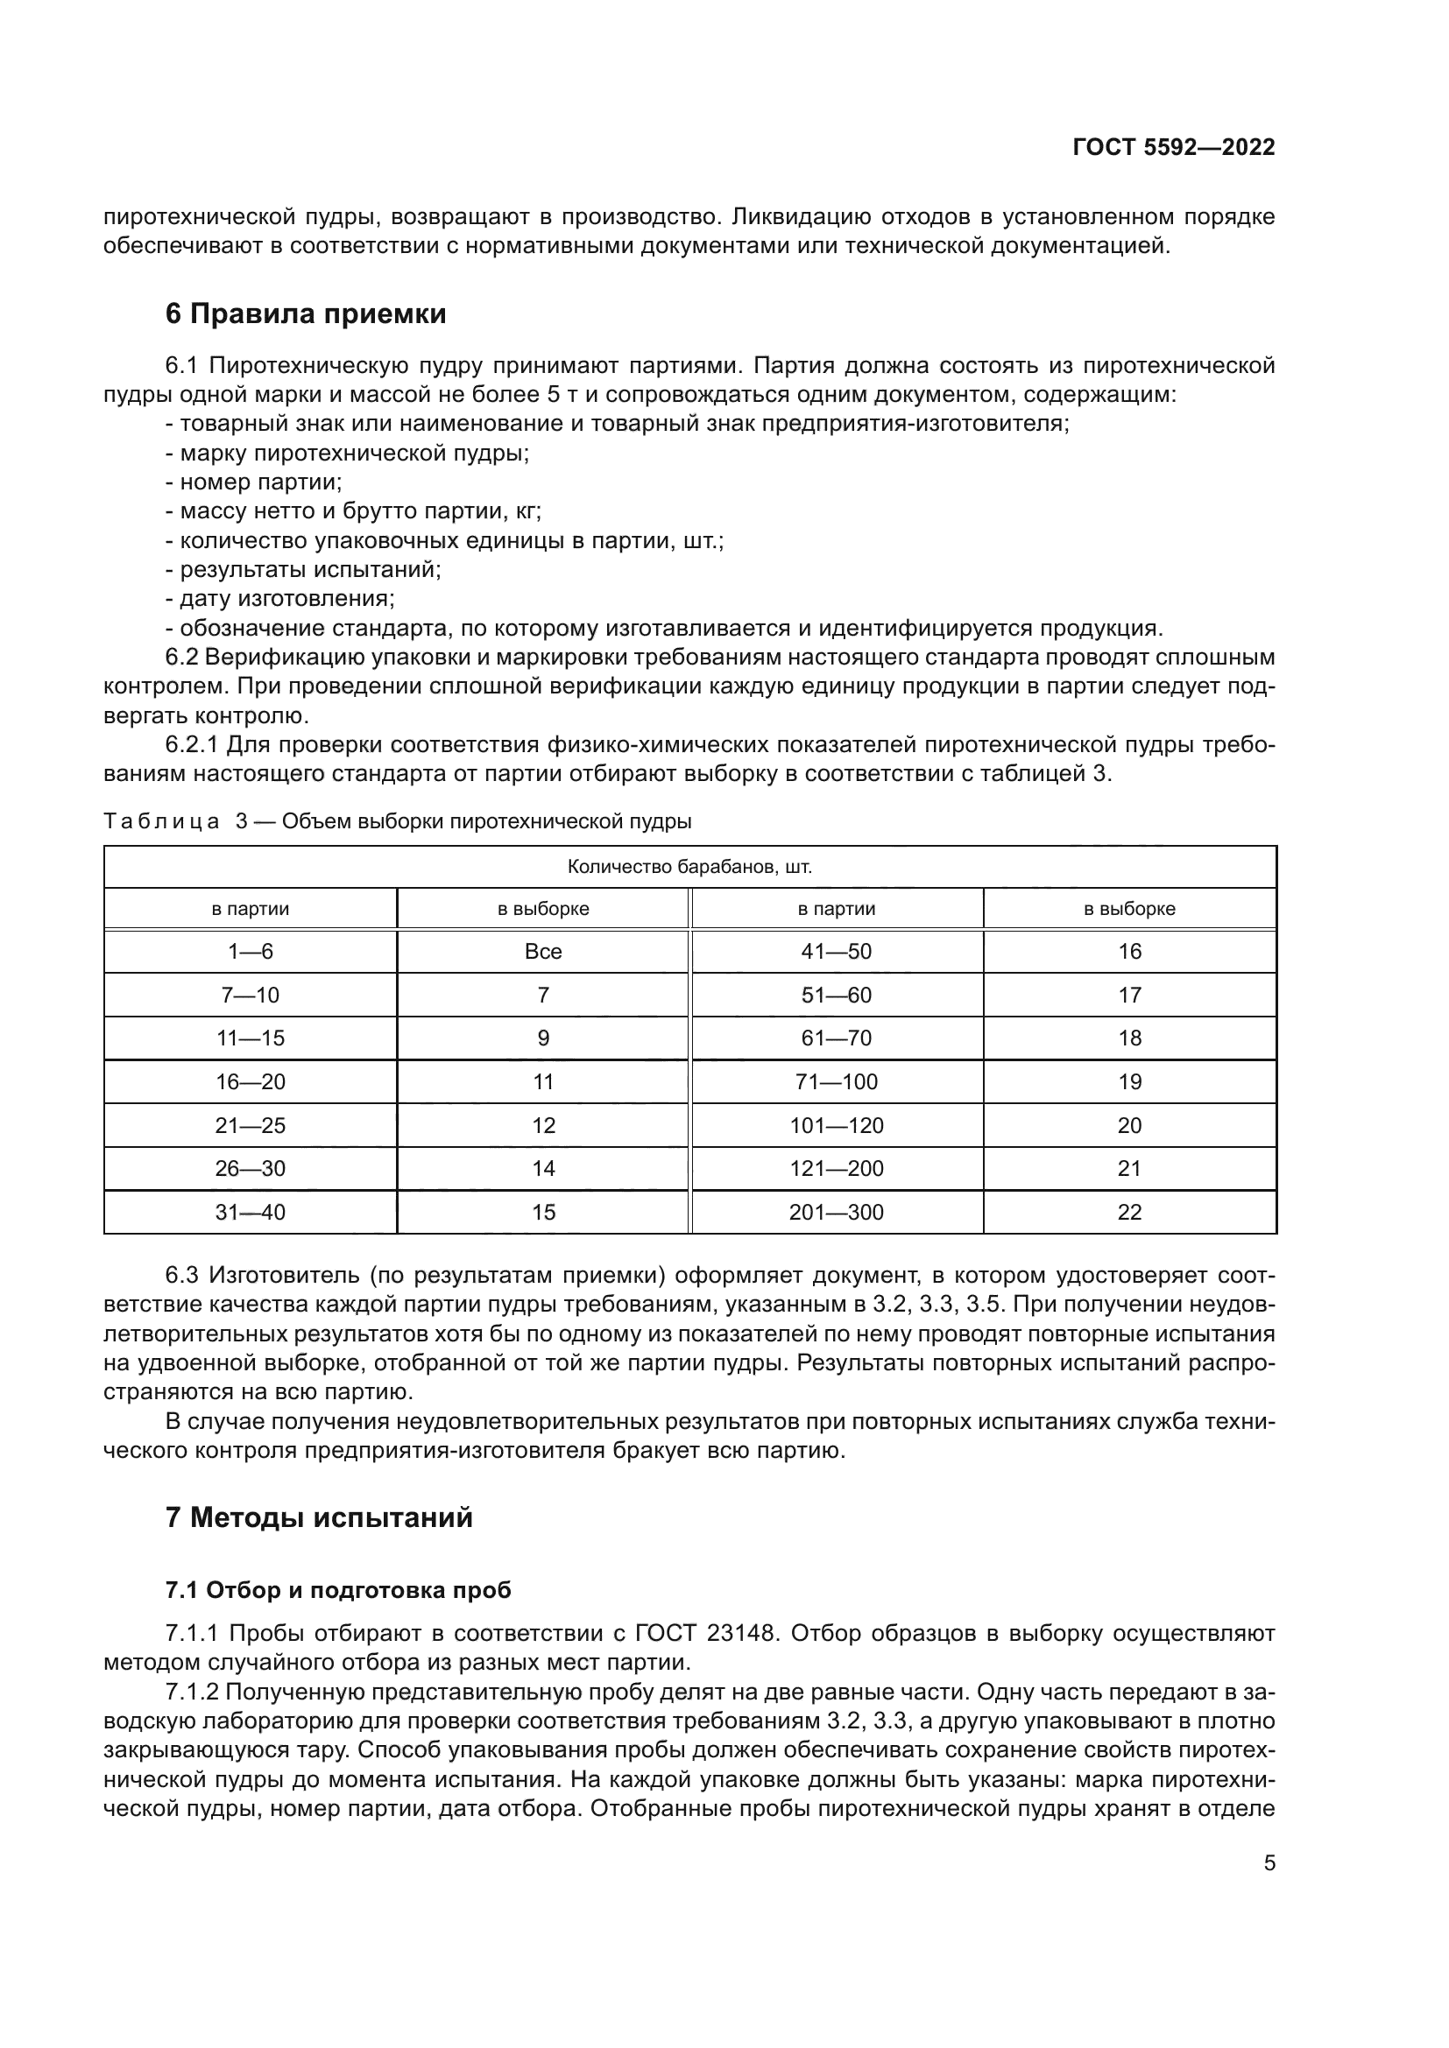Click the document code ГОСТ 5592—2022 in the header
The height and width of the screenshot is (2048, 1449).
pos(1173,147)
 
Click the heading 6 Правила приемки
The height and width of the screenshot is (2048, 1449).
pos(305,314)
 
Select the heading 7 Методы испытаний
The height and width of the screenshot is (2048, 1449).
pos(319,1517)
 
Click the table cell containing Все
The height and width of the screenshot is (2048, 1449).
pos(542,952)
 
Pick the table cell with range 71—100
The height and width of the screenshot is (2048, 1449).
pos(836,1082)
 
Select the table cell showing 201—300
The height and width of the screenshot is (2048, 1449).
pos(836,1212)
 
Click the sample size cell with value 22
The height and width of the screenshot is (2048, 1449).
pos(1128,1212)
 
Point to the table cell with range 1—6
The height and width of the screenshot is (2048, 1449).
pos(250,952)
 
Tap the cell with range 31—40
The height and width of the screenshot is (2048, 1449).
pos(250,1212)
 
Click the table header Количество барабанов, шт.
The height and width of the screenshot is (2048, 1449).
pos(689,867)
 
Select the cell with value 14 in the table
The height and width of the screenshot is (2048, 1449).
pos(542,1169)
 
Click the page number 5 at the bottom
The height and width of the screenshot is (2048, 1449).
pos(1269,1863)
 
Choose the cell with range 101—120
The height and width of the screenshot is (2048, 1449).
pos(836,1126)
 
